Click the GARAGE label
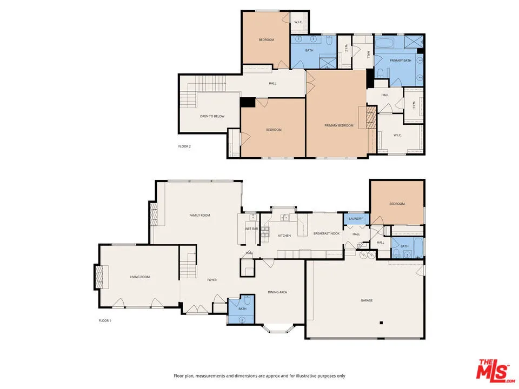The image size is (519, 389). point(367,300)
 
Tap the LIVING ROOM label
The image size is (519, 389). point(139,277)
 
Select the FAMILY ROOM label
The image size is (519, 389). point(199,215)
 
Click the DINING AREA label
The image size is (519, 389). point(277,292)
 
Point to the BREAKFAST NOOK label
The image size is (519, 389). point(327,233)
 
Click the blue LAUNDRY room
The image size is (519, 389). point(356,219)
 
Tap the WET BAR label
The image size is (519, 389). point(251,229)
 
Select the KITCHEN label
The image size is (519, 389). point(284,236)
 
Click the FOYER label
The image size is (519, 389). point(212,280)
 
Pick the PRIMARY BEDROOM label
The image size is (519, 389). point(339,125)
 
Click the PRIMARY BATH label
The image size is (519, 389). point(401,61)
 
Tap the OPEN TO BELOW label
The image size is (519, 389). point(212,116)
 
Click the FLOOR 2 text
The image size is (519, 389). point(184,146)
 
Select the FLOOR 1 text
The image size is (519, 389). point(104,320)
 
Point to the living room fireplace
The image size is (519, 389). point(99,277)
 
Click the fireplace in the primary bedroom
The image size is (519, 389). point(370,117)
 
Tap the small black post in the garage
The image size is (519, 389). point(381,323)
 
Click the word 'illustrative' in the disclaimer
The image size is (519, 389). point(306,375)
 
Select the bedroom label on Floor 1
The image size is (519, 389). point(397,204)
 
